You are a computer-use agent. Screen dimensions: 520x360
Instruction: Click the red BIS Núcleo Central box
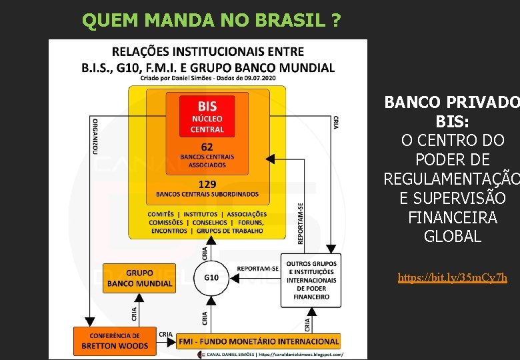207,115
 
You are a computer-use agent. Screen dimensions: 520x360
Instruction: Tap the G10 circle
211,277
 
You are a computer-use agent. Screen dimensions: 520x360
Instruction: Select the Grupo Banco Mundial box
139,278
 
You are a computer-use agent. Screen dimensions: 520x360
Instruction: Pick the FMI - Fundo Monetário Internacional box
259,341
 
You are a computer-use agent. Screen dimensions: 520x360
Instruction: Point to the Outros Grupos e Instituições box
311,280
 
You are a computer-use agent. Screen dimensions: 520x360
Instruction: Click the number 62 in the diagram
207,147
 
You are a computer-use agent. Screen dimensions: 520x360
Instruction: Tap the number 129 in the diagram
207,183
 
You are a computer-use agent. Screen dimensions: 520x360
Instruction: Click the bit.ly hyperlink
452,277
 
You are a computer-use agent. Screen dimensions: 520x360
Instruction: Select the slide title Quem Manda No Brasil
211,21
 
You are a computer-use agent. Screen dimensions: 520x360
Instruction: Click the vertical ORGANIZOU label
95,137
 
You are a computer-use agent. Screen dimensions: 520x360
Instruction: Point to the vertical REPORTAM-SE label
301,223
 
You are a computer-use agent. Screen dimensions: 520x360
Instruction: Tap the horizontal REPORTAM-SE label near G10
257,269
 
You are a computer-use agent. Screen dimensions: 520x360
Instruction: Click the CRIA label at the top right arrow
336,123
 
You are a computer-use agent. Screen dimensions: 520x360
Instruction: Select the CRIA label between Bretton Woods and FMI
166,334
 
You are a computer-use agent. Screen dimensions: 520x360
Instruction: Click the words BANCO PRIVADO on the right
452,103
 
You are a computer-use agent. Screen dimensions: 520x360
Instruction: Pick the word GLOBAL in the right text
452,237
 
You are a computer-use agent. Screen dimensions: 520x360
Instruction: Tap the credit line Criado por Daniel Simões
207,78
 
